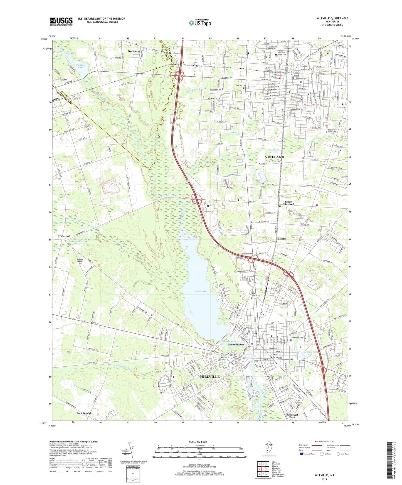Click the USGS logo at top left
61,21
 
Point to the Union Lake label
200,291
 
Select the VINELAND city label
274,157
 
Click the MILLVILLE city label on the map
209,376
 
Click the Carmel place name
66,236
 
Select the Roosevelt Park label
292,416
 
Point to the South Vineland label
288,203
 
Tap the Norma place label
132,51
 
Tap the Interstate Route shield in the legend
302,454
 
